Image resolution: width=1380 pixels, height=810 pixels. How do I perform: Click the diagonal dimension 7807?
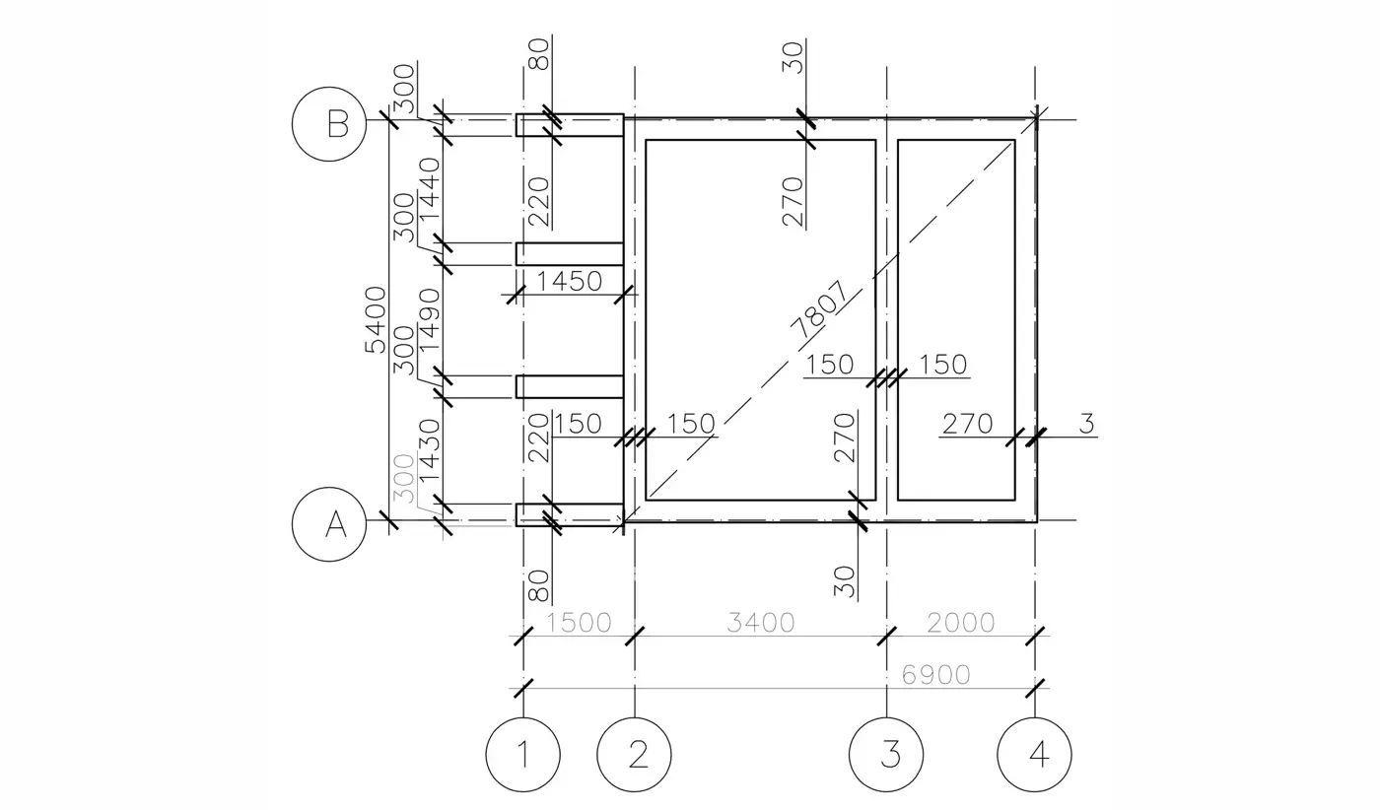(x=819, y=309)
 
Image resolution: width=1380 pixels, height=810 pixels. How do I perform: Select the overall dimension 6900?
(x=935, y=675)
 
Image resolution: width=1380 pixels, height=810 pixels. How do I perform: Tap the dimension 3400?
(x=761, y=623)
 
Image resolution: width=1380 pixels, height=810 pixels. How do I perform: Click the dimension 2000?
(x=960, y=623)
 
